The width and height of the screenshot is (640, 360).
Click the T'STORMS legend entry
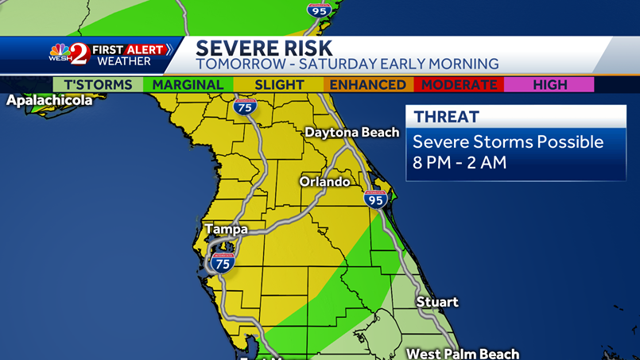pos(98,85)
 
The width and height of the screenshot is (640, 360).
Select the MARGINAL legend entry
pos(188,85)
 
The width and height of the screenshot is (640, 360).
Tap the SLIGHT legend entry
pos(279,85)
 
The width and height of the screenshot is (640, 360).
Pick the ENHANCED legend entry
pos(367,85)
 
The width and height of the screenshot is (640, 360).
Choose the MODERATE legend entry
pos(460,85)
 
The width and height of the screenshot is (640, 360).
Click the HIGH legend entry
pos(550,85)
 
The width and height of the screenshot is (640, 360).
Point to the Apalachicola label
pos(49,101)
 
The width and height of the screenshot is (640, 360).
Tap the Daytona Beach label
pos(352,133)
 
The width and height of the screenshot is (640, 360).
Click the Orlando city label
pos(324,182)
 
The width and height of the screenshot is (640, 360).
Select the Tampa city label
pos(227,230)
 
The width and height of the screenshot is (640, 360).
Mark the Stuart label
pos(437,302)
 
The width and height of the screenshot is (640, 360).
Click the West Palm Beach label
pos(463,354)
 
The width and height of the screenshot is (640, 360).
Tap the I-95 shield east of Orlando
pos(375,199)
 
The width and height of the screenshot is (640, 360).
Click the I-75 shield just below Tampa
pos(223,263)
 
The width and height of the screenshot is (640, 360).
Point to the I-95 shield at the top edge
pos(318,10)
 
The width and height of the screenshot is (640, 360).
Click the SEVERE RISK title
pos(264,48)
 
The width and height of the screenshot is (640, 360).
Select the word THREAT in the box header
pos(447,117)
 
